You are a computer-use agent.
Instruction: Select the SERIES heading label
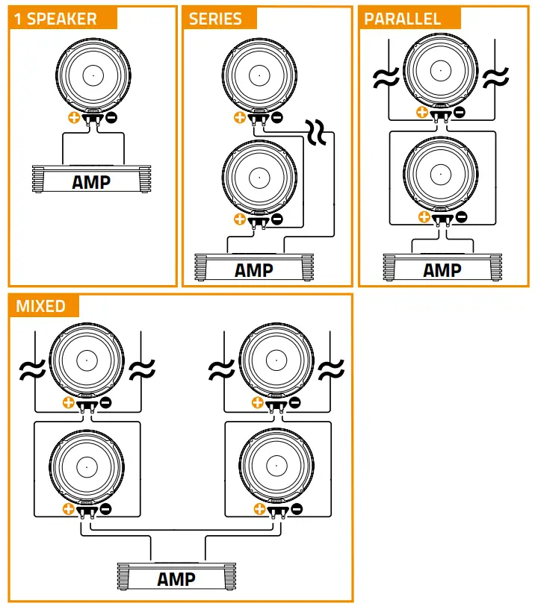tap(216, 19)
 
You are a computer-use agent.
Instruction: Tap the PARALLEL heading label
tap(403, 19)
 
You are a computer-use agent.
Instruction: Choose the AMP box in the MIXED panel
tap(176, 578)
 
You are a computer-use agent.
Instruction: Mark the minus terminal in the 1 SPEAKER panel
tap(111, 117)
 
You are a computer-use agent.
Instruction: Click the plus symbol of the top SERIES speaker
tap(239, 117)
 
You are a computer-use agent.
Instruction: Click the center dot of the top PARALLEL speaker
tap(441, 72)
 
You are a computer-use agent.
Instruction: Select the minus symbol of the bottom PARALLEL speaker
tap(461, 217)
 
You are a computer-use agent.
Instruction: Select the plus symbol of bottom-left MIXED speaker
tap(69, 509)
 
